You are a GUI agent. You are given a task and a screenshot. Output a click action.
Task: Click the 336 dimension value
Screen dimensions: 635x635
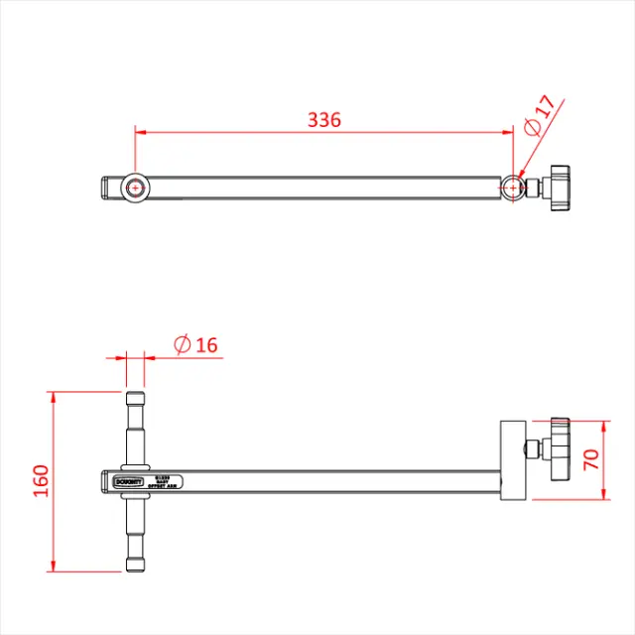point(323,120)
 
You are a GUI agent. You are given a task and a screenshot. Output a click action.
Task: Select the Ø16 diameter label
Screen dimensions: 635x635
point(195,345)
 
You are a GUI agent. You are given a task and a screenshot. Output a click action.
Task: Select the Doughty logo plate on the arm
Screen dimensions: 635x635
point(128,481)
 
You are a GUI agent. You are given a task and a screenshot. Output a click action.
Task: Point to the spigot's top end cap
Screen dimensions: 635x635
point(135,400)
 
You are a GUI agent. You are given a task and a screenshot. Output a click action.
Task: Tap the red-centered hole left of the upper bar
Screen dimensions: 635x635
point(135,187)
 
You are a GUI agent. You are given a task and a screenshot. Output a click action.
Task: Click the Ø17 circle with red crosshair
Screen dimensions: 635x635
point(512,187)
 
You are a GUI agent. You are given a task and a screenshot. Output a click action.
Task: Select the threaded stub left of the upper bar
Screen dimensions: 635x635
point(110,187)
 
